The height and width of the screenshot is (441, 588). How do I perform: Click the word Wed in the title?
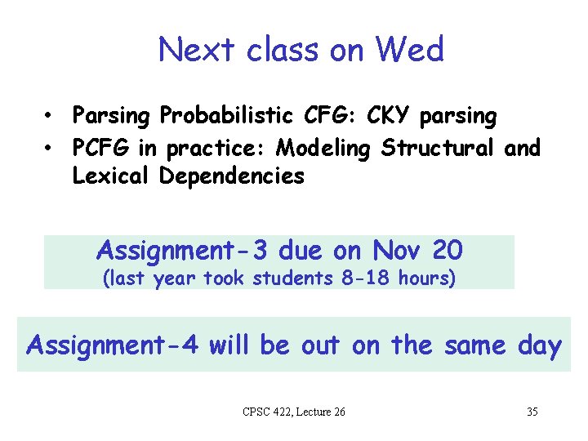coord(409,51)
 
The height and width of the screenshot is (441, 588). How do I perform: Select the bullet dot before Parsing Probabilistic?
coord(50,117)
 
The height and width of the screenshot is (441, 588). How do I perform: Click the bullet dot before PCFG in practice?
coord(50,148)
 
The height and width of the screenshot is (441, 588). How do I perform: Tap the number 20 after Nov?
coord(447,249)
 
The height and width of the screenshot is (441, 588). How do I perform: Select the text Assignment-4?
coord(112,345)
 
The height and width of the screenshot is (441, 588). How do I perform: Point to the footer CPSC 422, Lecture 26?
coord(294,412)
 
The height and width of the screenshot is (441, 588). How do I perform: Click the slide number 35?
coord(532,412)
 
